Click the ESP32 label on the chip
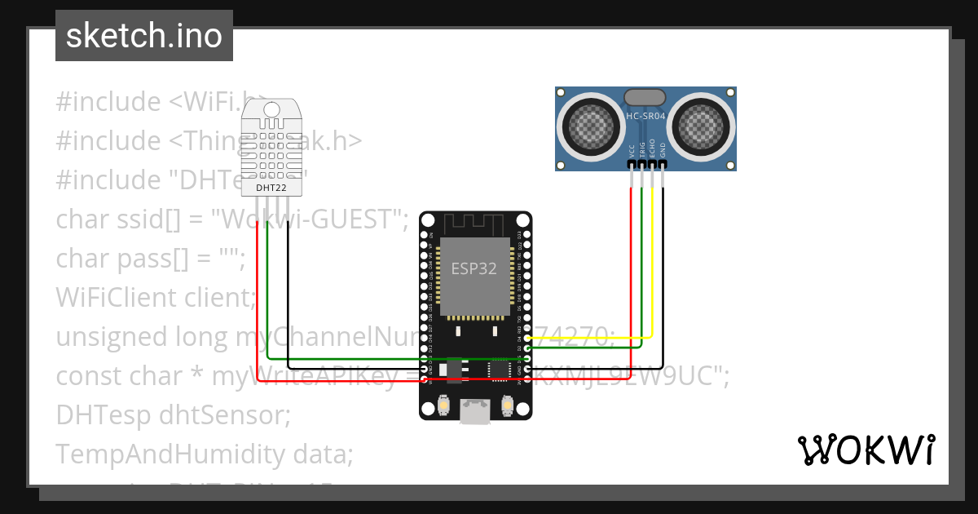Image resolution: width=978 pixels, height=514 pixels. pos(474,268)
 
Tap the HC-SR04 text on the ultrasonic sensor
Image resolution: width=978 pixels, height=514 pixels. pos(645,117)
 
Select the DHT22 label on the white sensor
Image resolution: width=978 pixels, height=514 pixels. pos(271,188)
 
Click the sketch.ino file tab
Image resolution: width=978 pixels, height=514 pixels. pos(143,36)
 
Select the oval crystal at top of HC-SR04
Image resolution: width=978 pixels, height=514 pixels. pos(645,97)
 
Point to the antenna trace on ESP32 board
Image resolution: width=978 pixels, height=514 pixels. pos(475,225)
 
